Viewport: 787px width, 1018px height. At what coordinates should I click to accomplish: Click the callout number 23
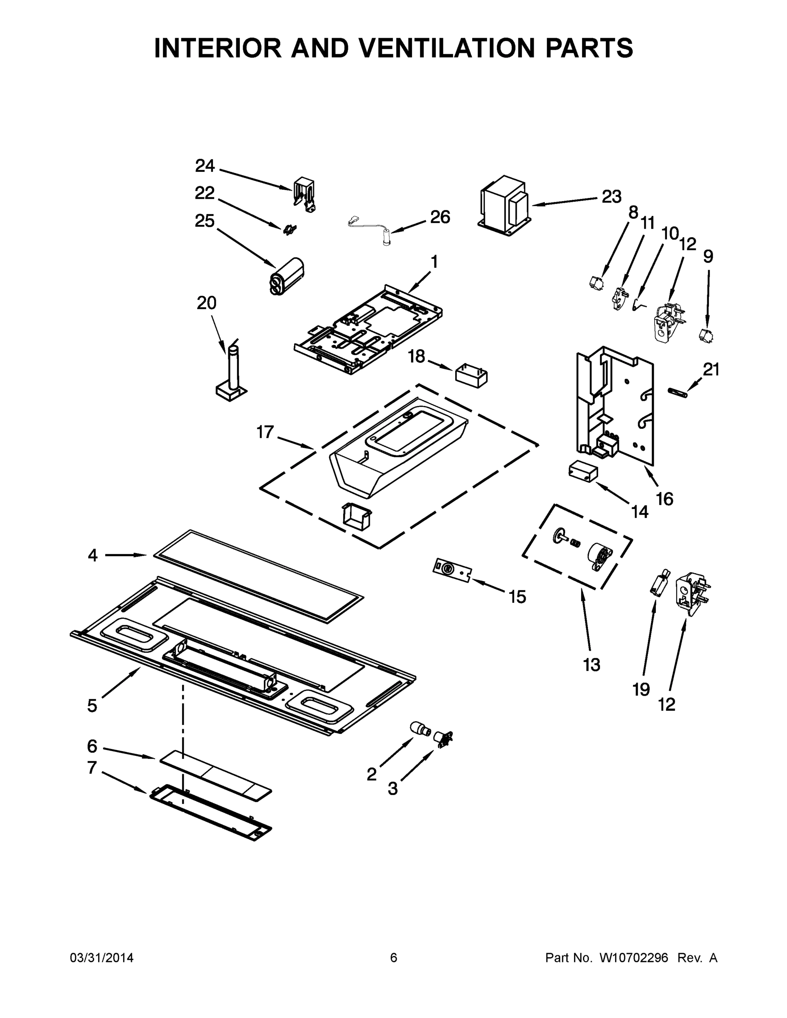tap(611, 197)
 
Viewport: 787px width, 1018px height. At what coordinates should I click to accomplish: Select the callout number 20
tap(207, 303)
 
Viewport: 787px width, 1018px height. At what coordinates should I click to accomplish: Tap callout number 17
tap(265, 432)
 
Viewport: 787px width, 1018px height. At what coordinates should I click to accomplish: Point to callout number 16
tap(664, 499)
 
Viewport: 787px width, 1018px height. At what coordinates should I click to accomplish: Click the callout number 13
tap(591, 665)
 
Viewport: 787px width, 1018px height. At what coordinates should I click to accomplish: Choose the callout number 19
tap(641, 689)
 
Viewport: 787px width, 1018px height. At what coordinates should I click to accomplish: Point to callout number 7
tap(92, 768)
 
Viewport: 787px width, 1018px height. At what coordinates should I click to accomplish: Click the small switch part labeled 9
tap(707, 336)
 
